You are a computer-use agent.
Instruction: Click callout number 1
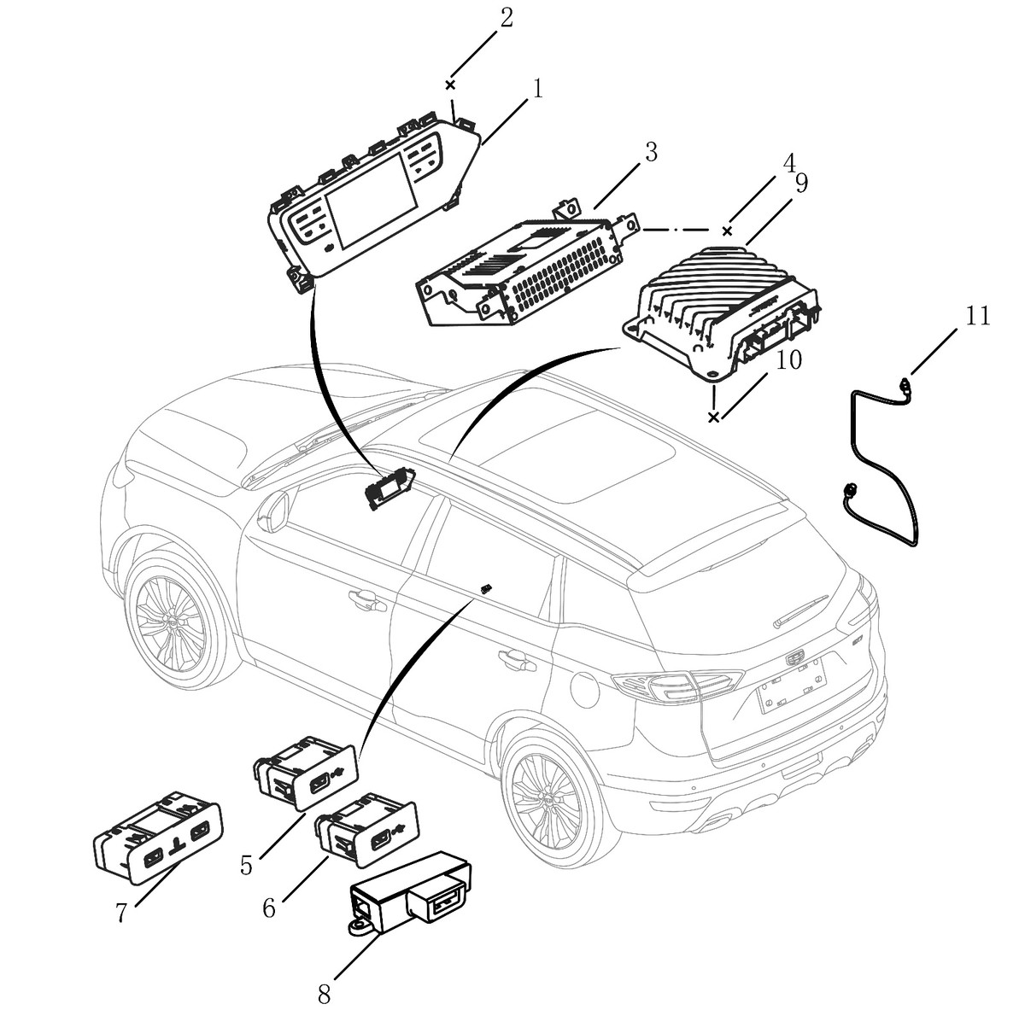[x=538, y=88]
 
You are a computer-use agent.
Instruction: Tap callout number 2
[x=507, y=18]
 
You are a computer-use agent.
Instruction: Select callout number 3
[x=651, y=154]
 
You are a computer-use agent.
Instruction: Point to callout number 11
[x=978, y=316]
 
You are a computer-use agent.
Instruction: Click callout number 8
[x=324, y=994]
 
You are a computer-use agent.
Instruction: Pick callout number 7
[x=121, y=912]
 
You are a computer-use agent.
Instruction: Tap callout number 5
[x=246, y=865]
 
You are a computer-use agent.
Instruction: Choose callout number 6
[x=269, y=908]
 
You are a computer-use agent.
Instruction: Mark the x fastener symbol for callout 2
[x=450, y=85]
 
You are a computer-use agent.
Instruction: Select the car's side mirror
[x=274, y=514]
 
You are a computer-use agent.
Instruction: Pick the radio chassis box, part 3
[x=521, y=265]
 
